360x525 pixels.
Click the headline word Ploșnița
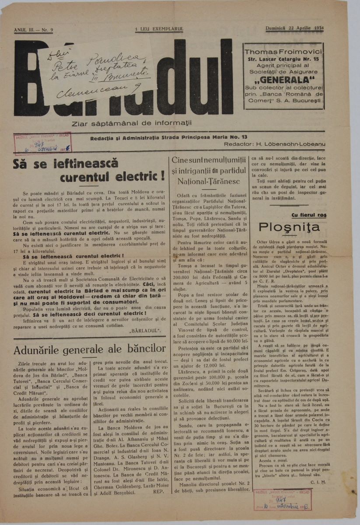(284, 227)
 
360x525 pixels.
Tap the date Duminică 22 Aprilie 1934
(297, 29)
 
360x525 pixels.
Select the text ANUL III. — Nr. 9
(34, 29)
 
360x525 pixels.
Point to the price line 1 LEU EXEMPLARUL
(159, 29)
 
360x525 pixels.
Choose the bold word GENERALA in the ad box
(283, 79)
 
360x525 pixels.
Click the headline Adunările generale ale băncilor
(90, 349)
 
